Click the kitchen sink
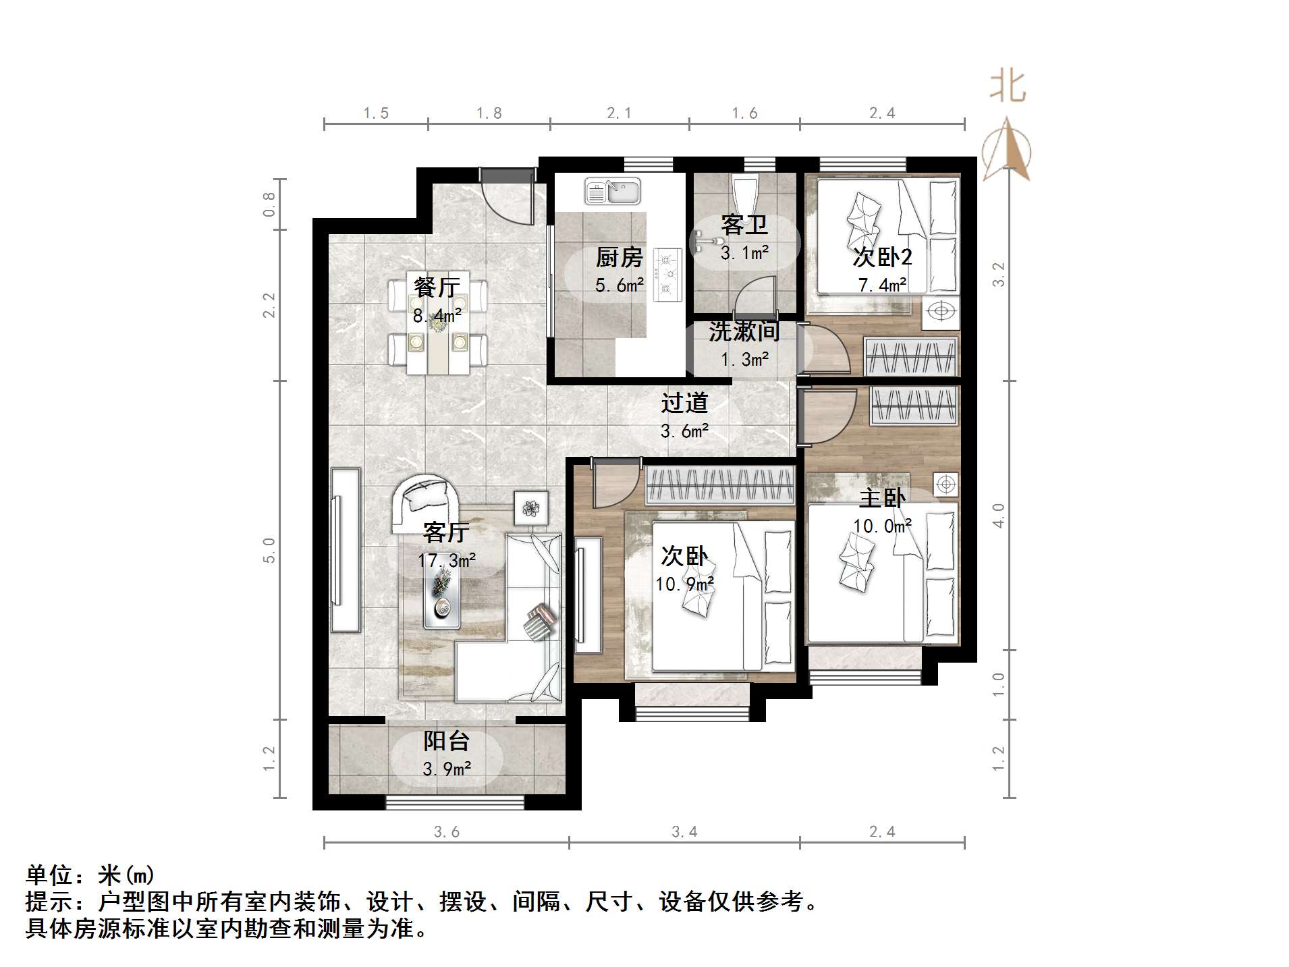point(612,191)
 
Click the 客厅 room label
point(446,532)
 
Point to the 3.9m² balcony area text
point(447,769)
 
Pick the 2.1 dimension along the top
point(619,113)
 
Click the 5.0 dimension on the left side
point(269,550)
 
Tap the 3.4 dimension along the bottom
point(684,832)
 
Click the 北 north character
point(1008,87)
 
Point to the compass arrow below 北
point(1007,151)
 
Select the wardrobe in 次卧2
point(911,356)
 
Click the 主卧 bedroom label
point(882,498)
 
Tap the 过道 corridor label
point(684,403)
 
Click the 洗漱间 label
point(744,331)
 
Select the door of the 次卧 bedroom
point(615,483)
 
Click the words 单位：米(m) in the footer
point(90,875)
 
